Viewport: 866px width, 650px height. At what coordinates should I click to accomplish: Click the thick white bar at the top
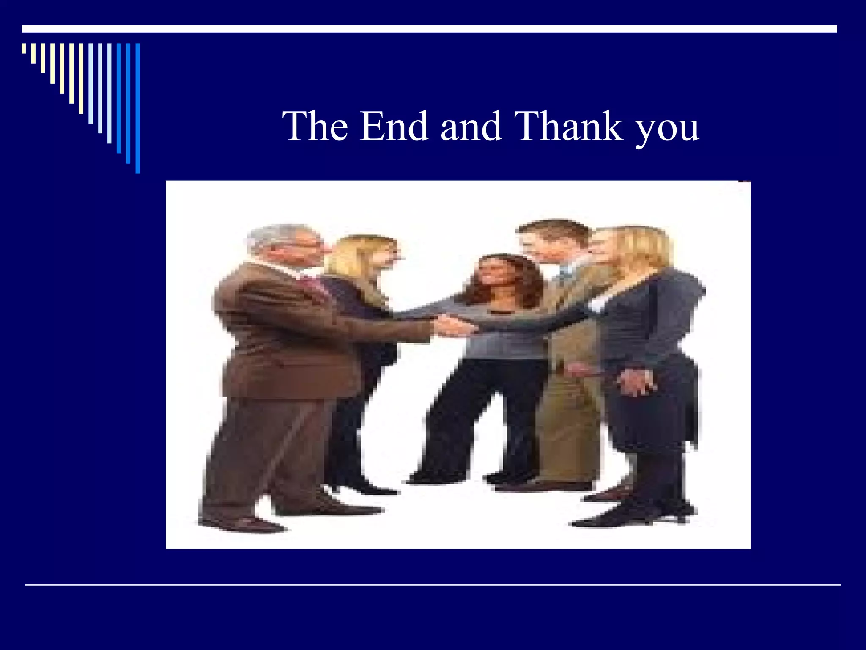click(429, 29)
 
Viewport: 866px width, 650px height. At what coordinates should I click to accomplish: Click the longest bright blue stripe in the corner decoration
click(137, 108)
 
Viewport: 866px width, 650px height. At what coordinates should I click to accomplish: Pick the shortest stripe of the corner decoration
click(24, 48)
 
